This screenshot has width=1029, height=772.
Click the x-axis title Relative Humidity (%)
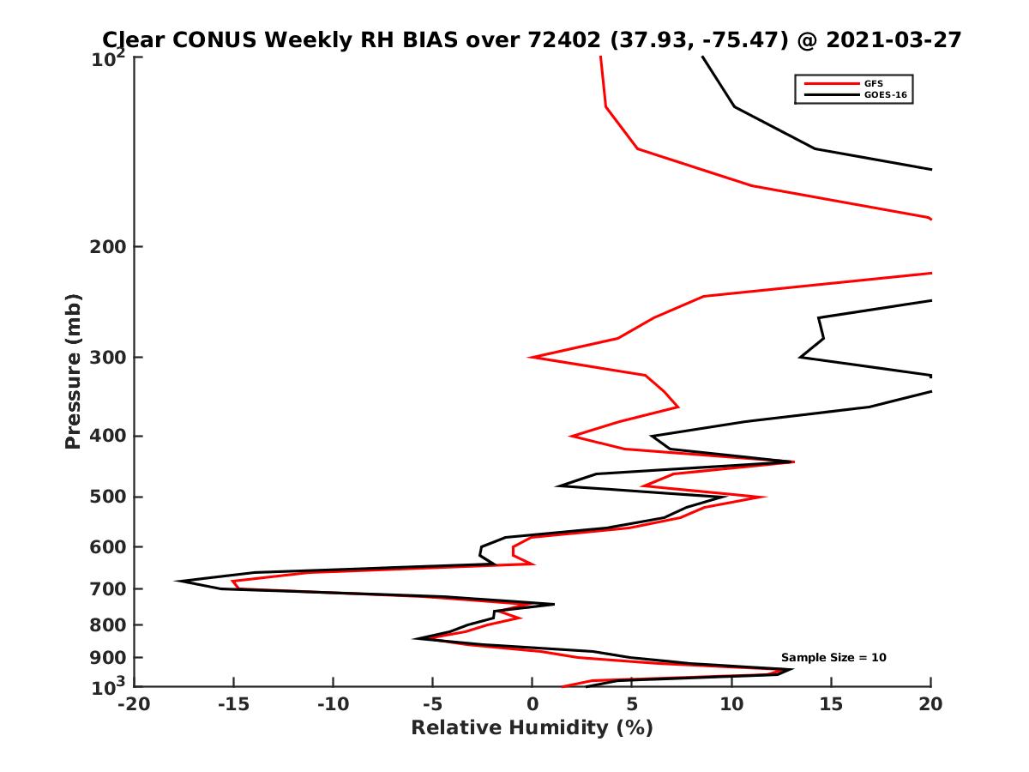pyautogui.click(x=532, y=728)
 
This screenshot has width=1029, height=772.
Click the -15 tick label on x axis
pyautogui.click(x=232, y=705)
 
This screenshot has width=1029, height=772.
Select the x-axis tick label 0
pyautogui.click(x=532, y=705)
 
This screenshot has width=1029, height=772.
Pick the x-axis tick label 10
pyautogui.click(x=731, y=705)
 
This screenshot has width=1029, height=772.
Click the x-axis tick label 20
pyautogui.click(x=930, y=705)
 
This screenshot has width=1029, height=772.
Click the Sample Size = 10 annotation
pyautogui.click(x=833, y=658)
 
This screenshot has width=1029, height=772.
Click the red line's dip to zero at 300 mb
pyautogui.click(x=530, y=357)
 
